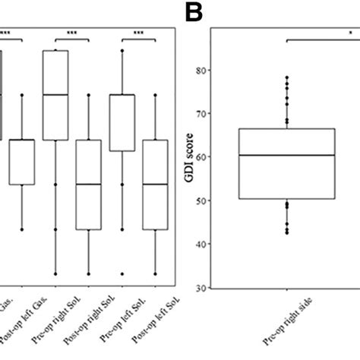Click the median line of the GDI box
pyautogui.click(x=286, y=155)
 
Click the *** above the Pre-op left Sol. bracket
pyautogui.click(x=138, y=33)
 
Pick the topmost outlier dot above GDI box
pyautogui.click(x=286, y=77)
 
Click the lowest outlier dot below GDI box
pyautogui.click(x=286, y=232)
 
